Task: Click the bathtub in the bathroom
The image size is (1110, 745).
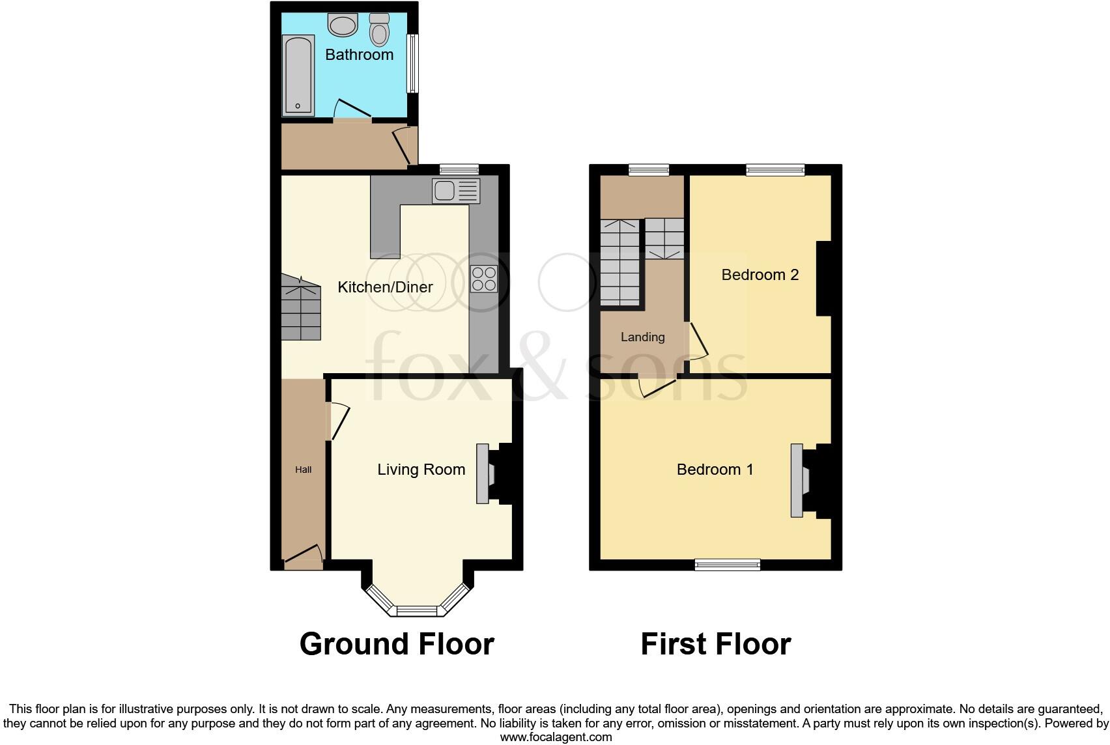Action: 298,76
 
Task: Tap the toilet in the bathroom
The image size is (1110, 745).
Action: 378,30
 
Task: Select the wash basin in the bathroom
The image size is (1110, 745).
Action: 343,26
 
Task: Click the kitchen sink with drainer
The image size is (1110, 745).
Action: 455,191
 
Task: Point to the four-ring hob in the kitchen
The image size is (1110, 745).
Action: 484,279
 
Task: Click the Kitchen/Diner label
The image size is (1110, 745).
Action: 385,287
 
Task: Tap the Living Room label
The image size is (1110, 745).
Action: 421,470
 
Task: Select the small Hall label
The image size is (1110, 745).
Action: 303,470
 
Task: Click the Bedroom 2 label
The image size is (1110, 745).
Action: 760,275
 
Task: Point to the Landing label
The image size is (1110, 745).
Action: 642,337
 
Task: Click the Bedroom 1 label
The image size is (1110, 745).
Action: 715,470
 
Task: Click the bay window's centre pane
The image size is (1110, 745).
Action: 417,611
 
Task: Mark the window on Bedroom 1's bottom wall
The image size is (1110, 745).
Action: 727,565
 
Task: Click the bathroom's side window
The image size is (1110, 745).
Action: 412,63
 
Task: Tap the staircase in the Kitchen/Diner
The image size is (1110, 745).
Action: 302,308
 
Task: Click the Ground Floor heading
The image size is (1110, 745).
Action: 396,644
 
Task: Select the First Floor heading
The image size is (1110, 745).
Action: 715,644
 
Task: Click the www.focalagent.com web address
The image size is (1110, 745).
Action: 556,737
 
